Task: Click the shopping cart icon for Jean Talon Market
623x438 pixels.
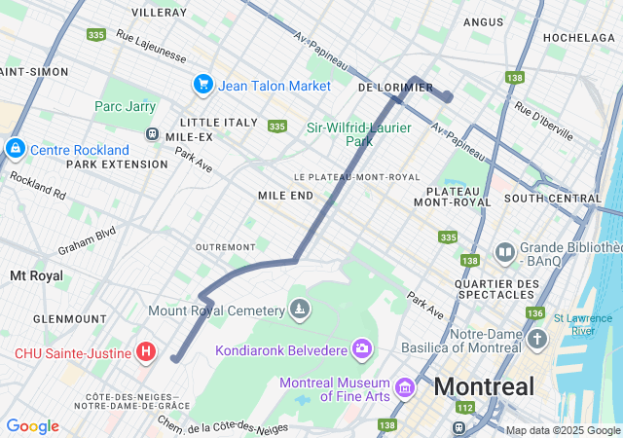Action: coord(203,85)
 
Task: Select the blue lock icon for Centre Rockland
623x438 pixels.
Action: coord(16,149)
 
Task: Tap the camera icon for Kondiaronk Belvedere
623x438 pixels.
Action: coord(362,348)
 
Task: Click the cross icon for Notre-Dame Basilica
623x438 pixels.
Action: coord(538,339)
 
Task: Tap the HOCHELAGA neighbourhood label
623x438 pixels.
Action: coord(579,37)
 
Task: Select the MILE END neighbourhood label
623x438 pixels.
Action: coord(285,196)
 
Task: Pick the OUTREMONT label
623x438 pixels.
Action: coord(225,247)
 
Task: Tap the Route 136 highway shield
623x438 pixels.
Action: coord(534,313)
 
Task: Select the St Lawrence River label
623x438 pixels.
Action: coord(583,324)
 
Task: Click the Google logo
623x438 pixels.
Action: coord(32,426)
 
